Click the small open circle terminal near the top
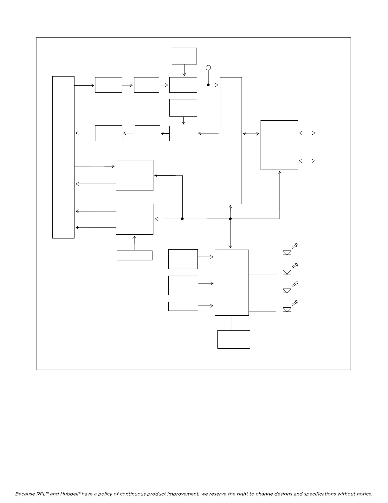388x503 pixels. click(208, 68)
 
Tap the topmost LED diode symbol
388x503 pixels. click(287, 253)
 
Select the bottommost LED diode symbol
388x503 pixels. click(287, 310)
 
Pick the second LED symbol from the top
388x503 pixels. click(287, 272)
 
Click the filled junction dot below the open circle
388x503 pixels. click(208, 85)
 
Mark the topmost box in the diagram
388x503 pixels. click(184, 56)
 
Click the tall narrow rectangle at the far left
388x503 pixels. click(63, 157)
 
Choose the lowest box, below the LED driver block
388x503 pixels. click(234, 339)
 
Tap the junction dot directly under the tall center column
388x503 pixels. click(230, 219)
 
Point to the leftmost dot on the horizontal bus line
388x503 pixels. click(182, 219)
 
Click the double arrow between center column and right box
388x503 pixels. click(251, 134)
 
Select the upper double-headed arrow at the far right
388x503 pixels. click(307, 133)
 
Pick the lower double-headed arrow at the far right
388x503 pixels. click(307, 161)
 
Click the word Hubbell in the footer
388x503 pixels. click(69, 494)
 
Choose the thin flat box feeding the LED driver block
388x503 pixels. click(183, 306)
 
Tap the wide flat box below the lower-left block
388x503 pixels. click(134, 255)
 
